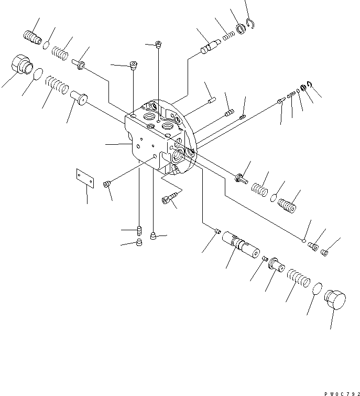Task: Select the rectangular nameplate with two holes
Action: [x=84, y=178]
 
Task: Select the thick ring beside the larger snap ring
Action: [x=241, y=28]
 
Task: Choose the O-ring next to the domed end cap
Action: [x=317, y=289]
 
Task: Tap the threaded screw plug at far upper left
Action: [x=33, y=37]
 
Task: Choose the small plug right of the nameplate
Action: [x=107, y=184]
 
